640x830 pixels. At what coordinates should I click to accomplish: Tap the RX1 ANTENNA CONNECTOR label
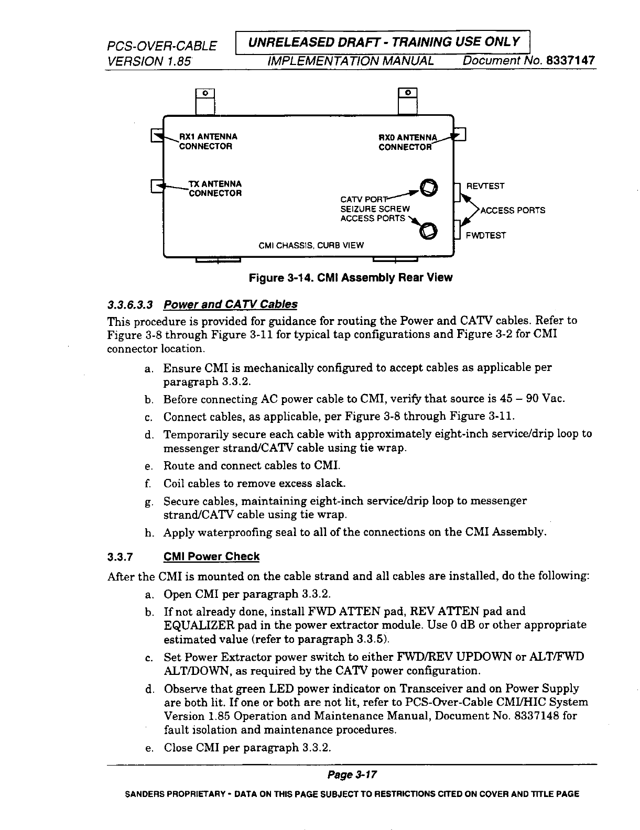(x=208, y=141)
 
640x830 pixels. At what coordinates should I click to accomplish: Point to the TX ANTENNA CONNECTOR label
(x=215, y=189)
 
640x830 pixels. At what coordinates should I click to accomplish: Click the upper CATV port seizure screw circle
(x=428, y=187)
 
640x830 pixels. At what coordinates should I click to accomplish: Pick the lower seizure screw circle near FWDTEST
(x=428, y=230)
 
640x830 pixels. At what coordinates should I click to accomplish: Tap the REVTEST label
(x=485, y=187)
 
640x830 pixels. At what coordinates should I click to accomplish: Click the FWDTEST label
(x=486, y=236)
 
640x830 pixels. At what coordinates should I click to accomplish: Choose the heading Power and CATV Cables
(x=230, y=304)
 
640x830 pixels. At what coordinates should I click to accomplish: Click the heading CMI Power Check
(x=211, y=556)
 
